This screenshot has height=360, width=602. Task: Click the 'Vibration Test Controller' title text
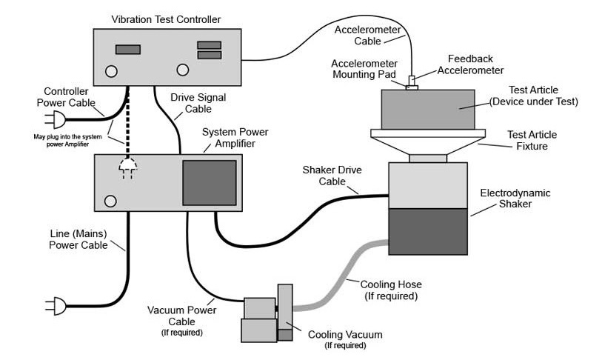coord(167,18)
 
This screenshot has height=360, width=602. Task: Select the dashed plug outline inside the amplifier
coord(128,170)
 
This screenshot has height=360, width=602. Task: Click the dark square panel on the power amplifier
coord(210,182)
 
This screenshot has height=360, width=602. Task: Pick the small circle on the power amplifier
coord(110,201)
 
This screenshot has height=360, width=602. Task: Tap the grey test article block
coord(427,110)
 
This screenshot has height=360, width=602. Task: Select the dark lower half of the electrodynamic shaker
coord(428,231)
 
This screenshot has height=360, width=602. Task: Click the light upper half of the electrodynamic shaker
coord(428,185)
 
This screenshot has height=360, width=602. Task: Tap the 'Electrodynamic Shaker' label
coord(515,199)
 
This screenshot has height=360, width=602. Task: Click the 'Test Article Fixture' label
coord(532,140)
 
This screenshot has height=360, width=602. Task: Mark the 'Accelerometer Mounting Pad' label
coord(364,69)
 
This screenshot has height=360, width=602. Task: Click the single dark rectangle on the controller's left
coord(128,50)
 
